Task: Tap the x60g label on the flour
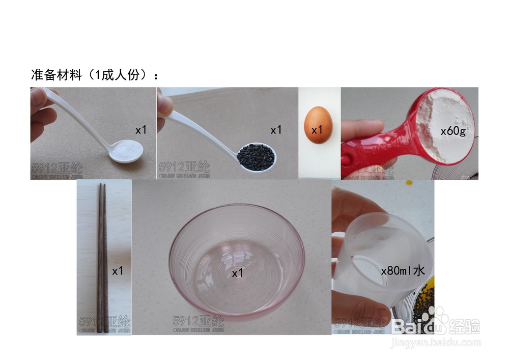pyautogui.click(x=453, y=131)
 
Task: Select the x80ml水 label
pyautogui.click(x=403, y=271)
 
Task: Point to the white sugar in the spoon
pyautogui.click(x=128, y=151)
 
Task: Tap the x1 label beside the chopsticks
pyautogui.click(x=118, y=271)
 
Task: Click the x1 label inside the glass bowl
pyautogui.click(x=238, y=273)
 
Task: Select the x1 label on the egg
pyautogui.click(x=318, y=129)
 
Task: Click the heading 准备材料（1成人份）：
pyautogui.click(x=95, y=75)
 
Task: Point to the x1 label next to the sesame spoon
pyautogui.click(x=276, y=130)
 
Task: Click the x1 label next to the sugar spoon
pyautogui.click(x=140, y=130)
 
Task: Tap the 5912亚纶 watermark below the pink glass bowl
pyautogui.click(x=198, y=321)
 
